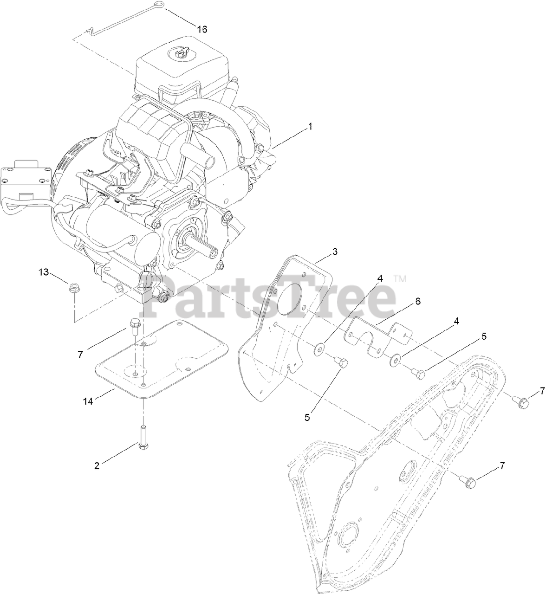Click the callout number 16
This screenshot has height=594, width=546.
tap(201, 29)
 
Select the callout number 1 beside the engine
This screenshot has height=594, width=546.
tap(310, 126)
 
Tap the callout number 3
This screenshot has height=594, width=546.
tap(334, 252)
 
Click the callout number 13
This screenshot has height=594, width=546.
tap(43, 272)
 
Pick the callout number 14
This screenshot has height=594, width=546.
tap(88, 401)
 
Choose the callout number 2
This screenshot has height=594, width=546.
tap(97, 466)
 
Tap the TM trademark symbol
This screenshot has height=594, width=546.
tap(399, 279)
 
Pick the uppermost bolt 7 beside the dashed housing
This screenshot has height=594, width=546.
tap(519, 399)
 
